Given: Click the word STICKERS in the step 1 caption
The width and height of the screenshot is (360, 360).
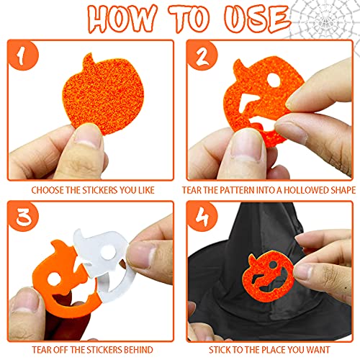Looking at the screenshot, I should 96,191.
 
